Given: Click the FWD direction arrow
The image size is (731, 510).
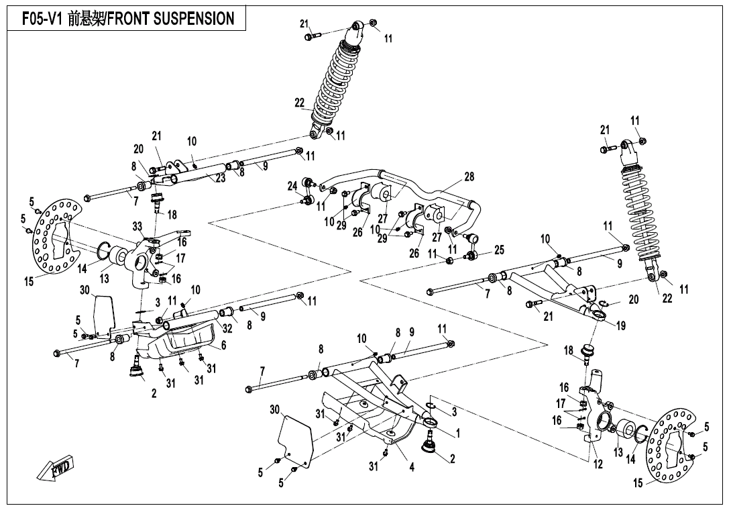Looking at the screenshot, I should tap(57, 467).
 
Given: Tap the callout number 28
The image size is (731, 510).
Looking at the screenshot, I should tap(469, 176).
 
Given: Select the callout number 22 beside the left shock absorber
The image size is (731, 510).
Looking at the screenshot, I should tap(299, 103).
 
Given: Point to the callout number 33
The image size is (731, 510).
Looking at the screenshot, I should tap(137, 226).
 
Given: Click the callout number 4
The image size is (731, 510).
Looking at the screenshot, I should tap(412, 466).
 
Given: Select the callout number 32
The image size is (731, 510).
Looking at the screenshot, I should tap(227, 328).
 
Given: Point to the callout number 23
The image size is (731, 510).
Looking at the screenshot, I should tap(221, 178).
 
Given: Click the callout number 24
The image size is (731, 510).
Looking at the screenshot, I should tap(292, 185).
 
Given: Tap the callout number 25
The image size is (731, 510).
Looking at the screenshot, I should tap(498, 250).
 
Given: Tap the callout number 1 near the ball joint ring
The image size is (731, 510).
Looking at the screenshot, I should tap(458, 433).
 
